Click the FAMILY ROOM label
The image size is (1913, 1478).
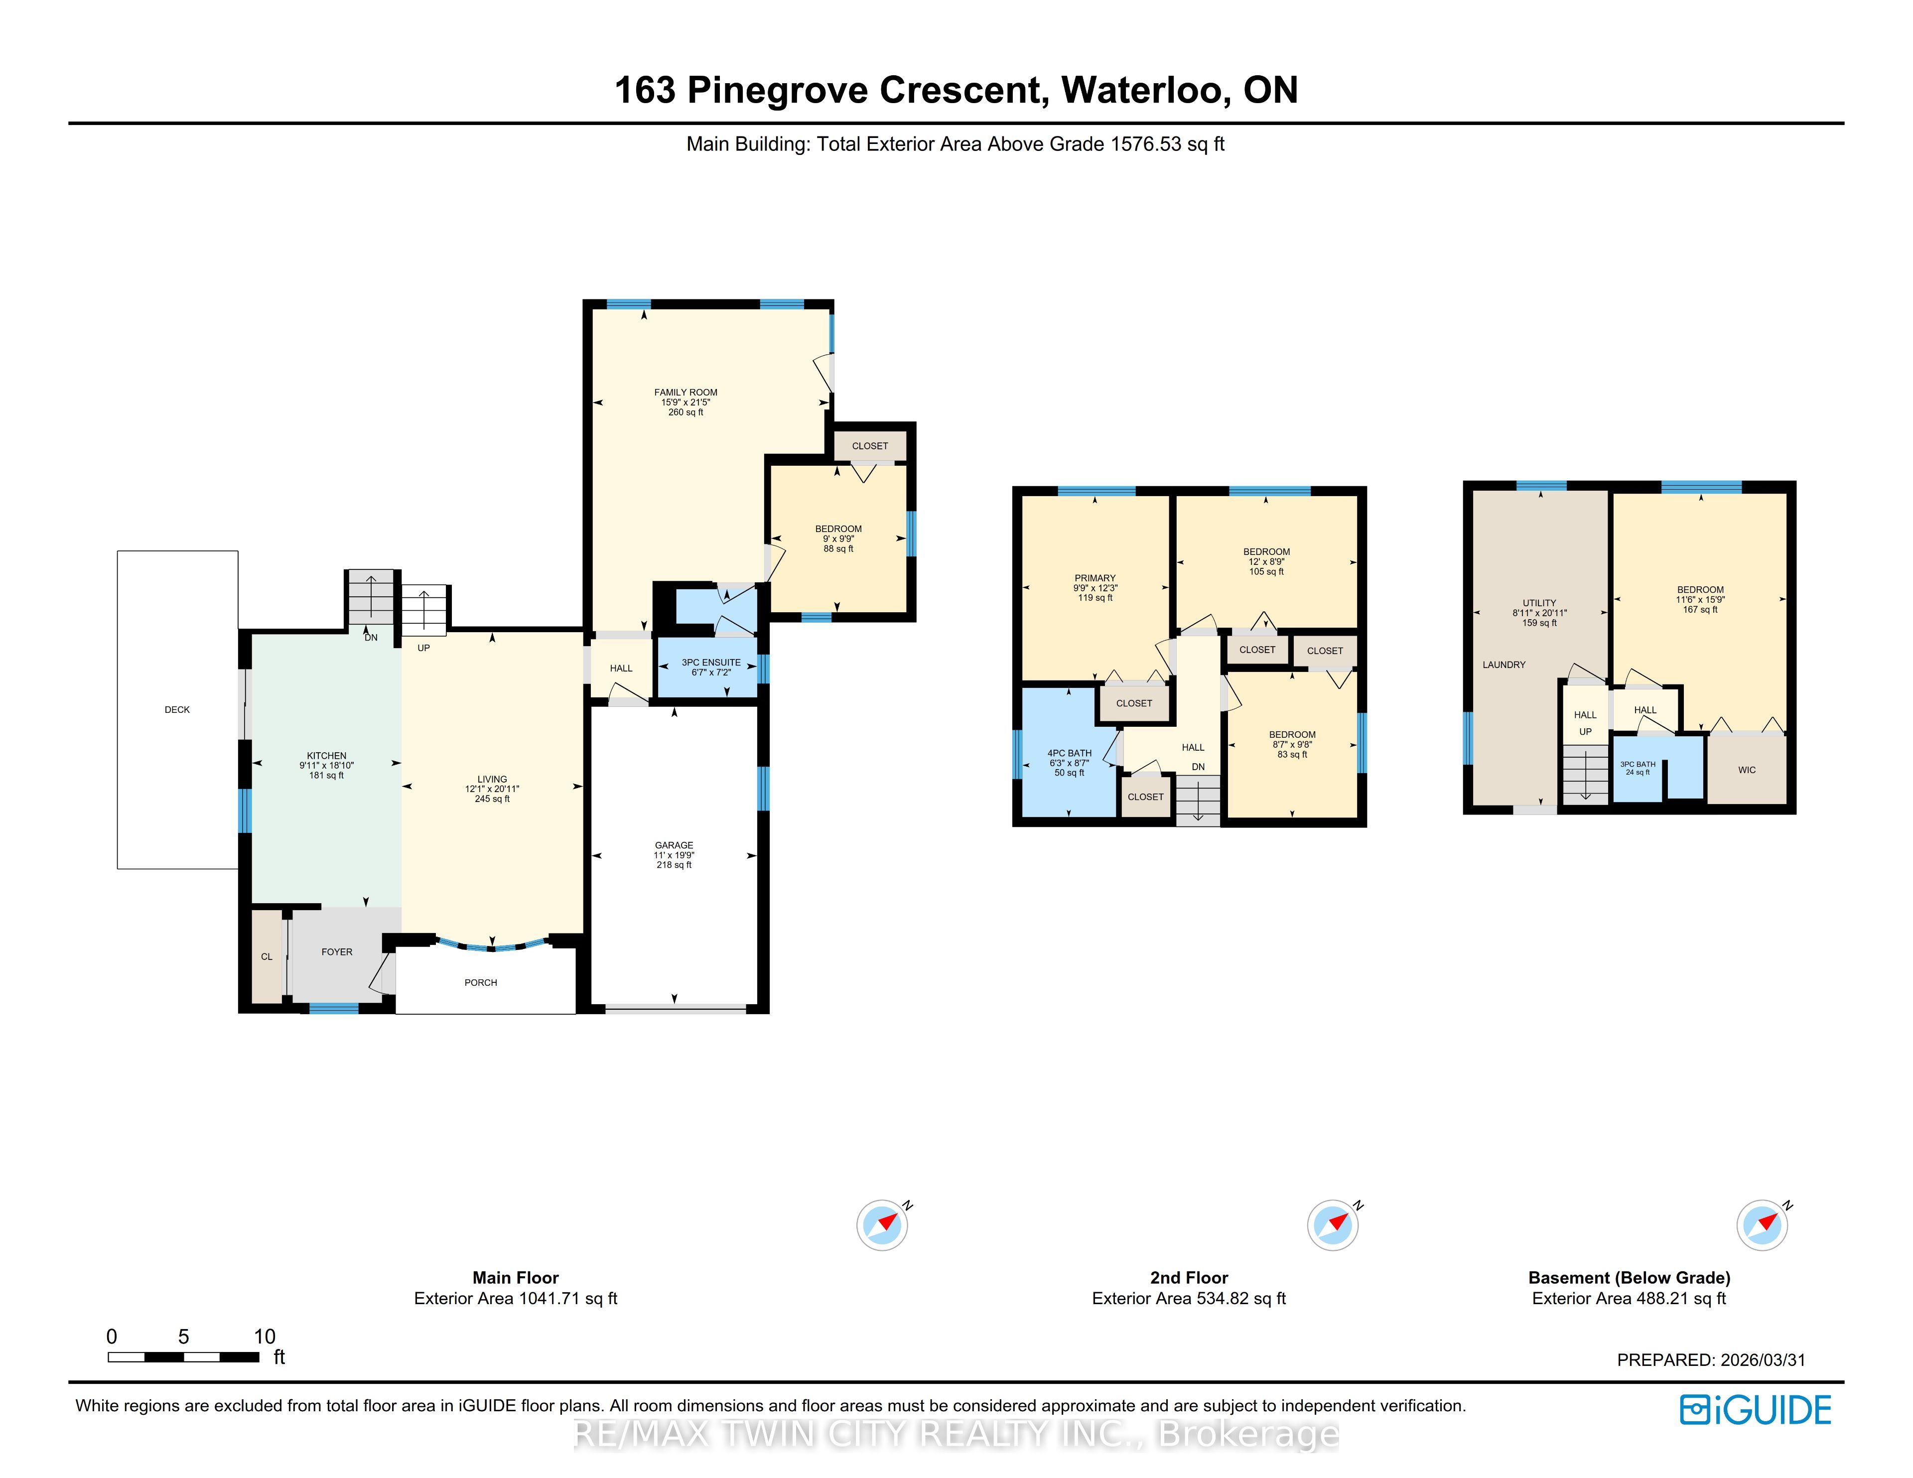tap(686, 393)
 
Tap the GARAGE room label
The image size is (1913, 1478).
tap(674, 845)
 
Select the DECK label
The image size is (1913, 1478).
tap(177, 710)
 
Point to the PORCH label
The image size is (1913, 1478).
tap(481, 982)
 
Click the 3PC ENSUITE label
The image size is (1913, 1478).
tap(711, 663)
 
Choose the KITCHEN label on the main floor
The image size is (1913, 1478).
tap(327, 755)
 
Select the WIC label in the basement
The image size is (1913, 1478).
tap(1747, 770)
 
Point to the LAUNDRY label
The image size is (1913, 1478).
tap(1504, 665)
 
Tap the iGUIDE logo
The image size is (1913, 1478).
tap(1756, 1410)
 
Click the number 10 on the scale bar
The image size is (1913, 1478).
tap(265, 1336)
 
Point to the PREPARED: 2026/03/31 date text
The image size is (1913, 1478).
tap(1711, 1360)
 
